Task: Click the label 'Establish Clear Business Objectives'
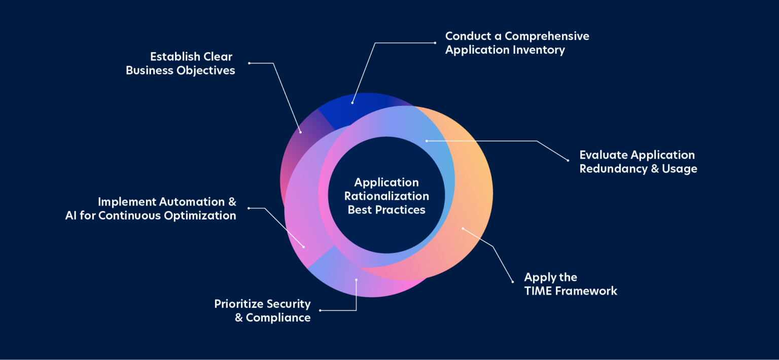tap(181, 63)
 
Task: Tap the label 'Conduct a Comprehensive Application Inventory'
tap(516, 43)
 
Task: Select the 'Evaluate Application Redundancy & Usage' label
tap(638, 162)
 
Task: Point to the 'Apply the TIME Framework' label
tap(570, 284)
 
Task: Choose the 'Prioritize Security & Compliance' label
tap(262, 310)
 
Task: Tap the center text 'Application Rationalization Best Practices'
tap(386, 196)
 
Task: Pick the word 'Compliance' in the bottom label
tap(278, 317)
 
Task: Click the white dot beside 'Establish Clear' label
tap(249, 63)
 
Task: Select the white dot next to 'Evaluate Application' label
tap(568, 161)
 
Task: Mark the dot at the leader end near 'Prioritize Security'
tap(320, 310)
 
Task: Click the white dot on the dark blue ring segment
tap(352, 102)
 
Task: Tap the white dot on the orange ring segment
tap(463, 228)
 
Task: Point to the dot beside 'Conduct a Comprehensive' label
tap(435, 43)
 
